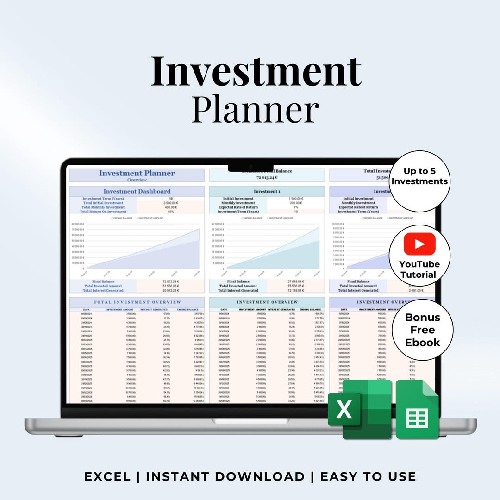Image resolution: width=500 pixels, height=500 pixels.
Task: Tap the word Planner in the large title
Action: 256,109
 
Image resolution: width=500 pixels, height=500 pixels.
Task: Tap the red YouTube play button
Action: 419,244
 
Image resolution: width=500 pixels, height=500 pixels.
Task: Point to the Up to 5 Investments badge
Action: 419,176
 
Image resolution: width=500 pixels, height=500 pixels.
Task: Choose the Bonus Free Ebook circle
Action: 422,330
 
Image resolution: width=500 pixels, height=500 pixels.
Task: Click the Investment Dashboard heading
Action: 137,191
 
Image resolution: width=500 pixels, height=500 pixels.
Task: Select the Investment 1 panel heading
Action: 267,191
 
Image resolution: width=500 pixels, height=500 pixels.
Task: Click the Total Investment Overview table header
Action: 137,302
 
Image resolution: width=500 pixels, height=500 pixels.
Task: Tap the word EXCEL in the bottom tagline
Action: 107,476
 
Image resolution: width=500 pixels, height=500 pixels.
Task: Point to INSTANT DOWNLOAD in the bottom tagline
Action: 225,476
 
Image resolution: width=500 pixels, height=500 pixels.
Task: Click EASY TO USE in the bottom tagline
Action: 368,476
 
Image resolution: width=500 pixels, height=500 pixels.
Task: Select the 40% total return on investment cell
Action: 171,212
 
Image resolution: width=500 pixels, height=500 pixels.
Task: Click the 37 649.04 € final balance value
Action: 294,281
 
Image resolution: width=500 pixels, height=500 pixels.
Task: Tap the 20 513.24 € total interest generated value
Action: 171,290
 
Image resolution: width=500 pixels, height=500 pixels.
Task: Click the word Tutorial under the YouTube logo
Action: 419,275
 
